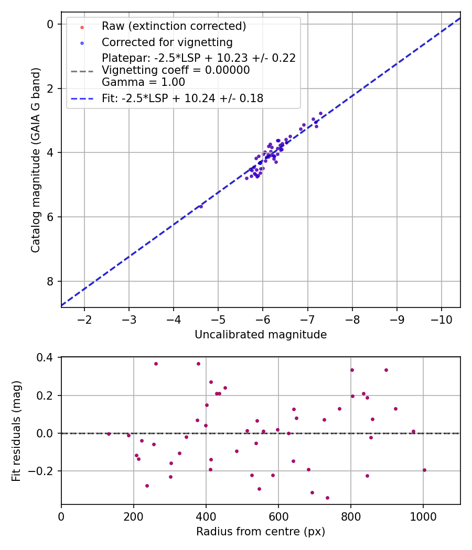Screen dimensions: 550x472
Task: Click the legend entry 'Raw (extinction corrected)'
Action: (174, 26)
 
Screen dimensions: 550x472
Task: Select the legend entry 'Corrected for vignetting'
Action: (167, 42)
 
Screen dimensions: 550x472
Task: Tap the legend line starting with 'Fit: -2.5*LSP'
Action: (182, 98)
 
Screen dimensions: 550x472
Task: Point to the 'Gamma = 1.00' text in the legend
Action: (143, 82)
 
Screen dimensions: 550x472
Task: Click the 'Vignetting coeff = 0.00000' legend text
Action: (175, 70)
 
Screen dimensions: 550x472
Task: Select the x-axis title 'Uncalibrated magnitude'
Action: (261, 335)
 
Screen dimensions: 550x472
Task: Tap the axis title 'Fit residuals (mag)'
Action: (17, 431)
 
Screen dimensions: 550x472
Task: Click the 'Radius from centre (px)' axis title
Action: (261, 532)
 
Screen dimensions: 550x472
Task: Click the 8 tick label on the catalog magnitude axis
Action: (50, 281)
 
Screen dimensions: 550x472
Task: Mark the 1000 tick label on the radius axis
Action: (423, 516)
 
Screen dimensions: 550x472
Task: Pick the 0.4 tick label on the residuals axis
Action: (47, 358)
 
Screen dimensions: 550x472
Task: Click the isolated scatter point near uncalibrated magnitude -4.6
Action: (201, 206)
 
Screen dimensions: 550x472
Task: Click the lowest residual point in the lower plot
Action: (327, 498)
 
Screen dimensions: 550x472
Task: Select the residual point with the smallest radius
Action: (109, 434)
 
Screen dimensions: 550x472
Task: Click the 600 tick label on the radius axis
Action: (278, 516)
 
